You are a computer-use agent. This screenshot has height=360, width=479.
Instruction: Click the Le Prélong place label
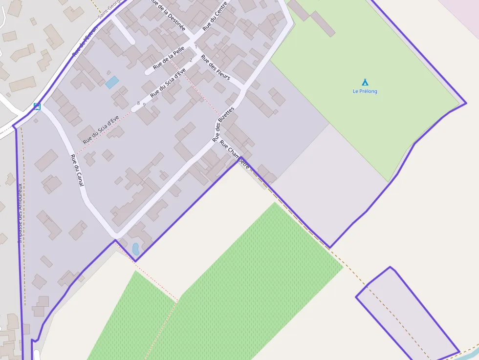pyautogui.click(x=365, y=91)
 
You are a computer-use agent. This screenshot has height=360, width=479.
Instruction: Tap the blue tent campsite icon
pyautogui.click(x=365, y=82)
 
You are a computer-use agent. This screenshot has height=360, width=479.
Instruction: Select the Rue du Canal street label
pyautogui.click(x=77, y=170)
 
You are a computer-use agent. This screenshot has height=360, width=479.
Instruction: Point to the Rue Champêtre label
pyautogui.click(x=235, y=154)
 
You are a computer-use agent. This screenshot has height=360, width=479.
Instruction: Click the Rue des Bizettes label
pyautogui.click(x=223, y=125)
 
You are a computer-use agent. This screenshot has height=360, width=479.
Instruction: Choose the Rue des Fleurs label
pyautogui.click(x=216, y=70)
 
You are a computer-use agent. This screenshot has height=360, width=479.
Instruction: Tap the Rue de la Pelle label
pyautogui.click(x=169, y=57)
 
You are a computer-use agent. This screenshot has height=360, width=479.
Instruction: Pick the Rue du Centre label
pyautogui.click(x=215, y=20)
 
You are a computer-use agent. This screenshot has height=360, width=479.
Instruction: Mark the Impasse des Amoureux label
pyautogui.click(x=20, y=212)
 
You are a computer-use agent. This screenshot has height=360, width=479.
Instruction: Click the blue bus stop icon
pyautogui.click(x=37, y=106)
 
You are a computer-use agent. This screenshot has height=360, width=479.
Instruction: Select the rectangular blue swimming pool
pyautogui.click(x=112, y=82)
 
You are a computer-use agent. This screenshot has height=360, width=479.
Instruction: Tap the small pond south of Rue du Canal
pyautogui.click(x=136, y=249)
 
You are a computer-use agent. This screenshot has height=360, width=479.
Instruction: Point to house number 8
pyautogui.click(x=138, y=103)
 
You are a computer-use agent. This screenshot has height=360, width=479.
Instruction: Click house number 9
pyautogui.click(x=144, y=105)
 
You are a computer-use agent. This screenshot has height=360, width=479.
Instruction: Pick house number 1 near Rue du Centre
pyautogui.click(x=196, y=47)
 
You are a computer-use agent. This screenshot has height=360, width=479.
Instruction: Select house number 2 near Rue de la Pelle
pyautogui.click(x=191, y=60)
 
